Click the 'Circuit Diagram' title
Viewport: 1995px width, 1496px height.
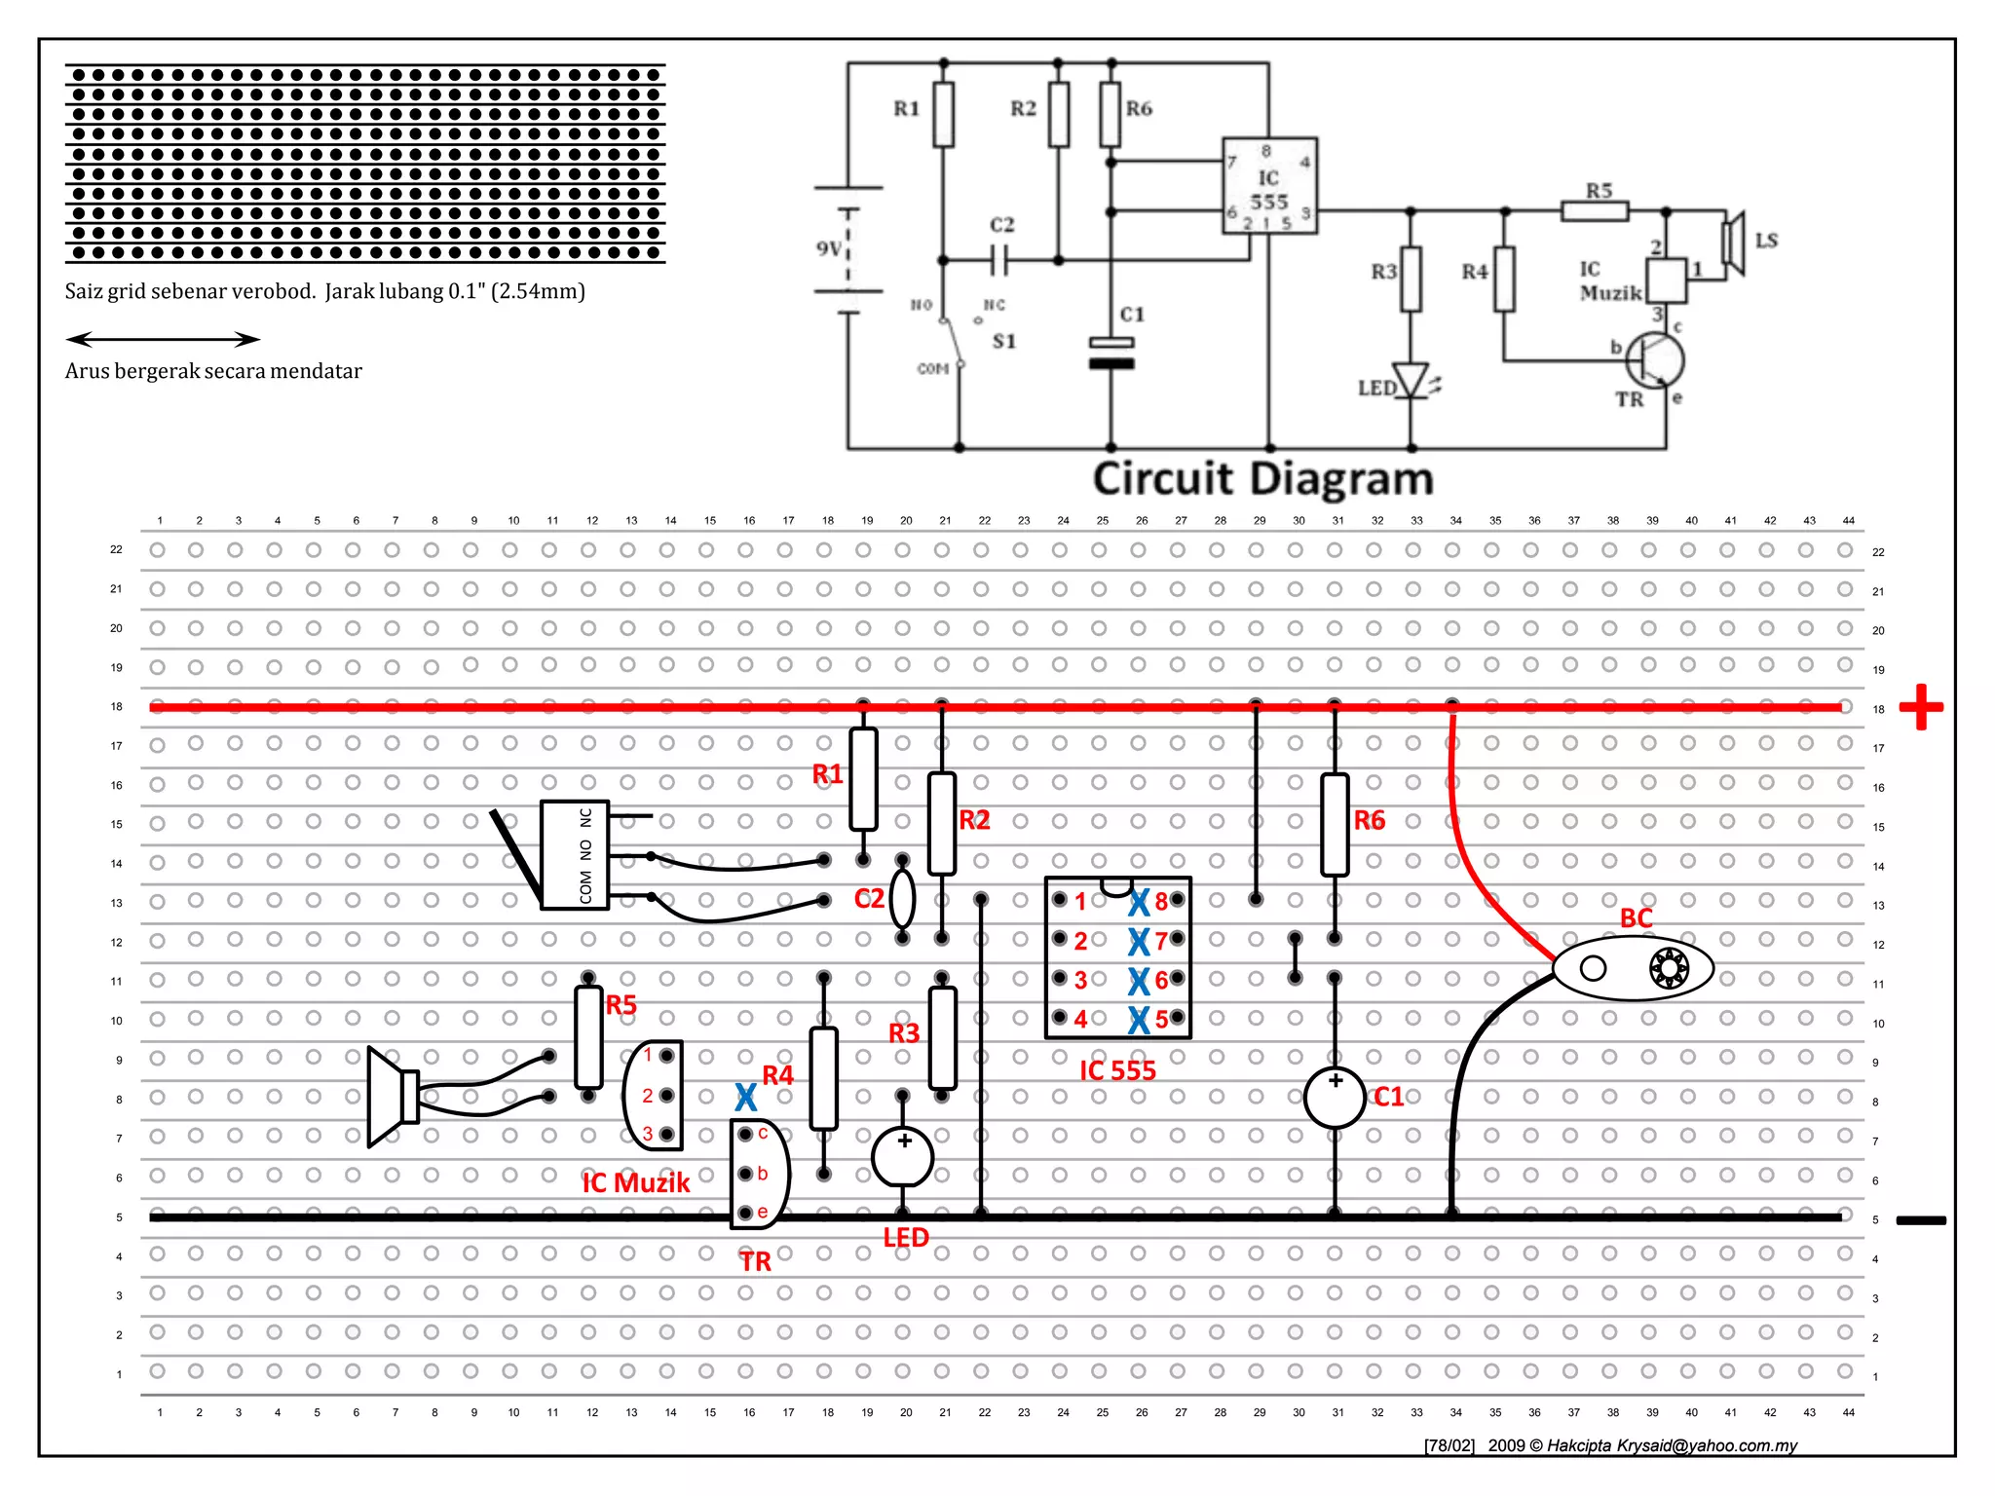[x=1262, y=479]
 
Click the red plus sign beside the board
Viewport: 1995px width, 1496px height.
[x=1920, y=707]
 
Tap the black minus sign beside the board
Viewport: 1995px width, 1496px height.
[x=1920, y=1219]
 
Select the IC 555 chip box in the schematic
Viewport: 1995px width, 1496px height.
[x=1269, y=185]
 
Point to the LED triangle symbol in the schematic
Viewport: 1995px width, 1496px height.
[x=1411, y=380]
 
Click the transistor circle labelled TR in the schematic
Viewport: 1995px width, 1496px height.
[x=1655, y=359]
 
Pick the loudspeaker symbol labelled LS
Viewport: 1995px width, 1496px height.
[x=1733, y=243]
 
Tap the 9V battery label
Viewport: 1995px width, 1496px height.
[x=829, y=248]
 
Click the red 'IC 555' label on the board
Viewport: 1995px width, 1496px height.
[x=1117, y=1070]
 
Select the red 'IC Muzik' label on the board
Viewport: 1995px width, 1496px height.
[x=635, y=1182]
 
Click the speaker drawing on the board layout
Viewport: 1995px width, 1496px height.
[x=393, y=1097]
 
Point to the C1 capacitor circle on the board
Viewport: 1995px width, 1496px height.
[x=1335, y=1098]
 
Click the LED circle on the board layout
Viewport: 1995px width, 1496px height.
[x=903, y=1156]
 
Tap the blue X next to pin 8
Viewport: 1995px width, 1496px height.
[x=1139, y=903]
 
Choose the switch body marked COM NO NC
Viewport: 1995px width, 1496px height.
[x=575, y=855]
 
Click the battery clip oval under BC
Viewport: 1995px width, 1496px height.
[x=1633, y=968]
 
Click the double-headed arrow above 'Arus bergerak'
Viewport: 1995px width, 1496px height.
[x=163, y=339]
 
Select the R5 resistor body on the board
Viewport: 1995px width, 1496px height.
[x=588, y=1036]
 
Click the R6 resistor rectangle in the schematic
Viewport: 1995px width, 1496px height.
[x=1110, y=114]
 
